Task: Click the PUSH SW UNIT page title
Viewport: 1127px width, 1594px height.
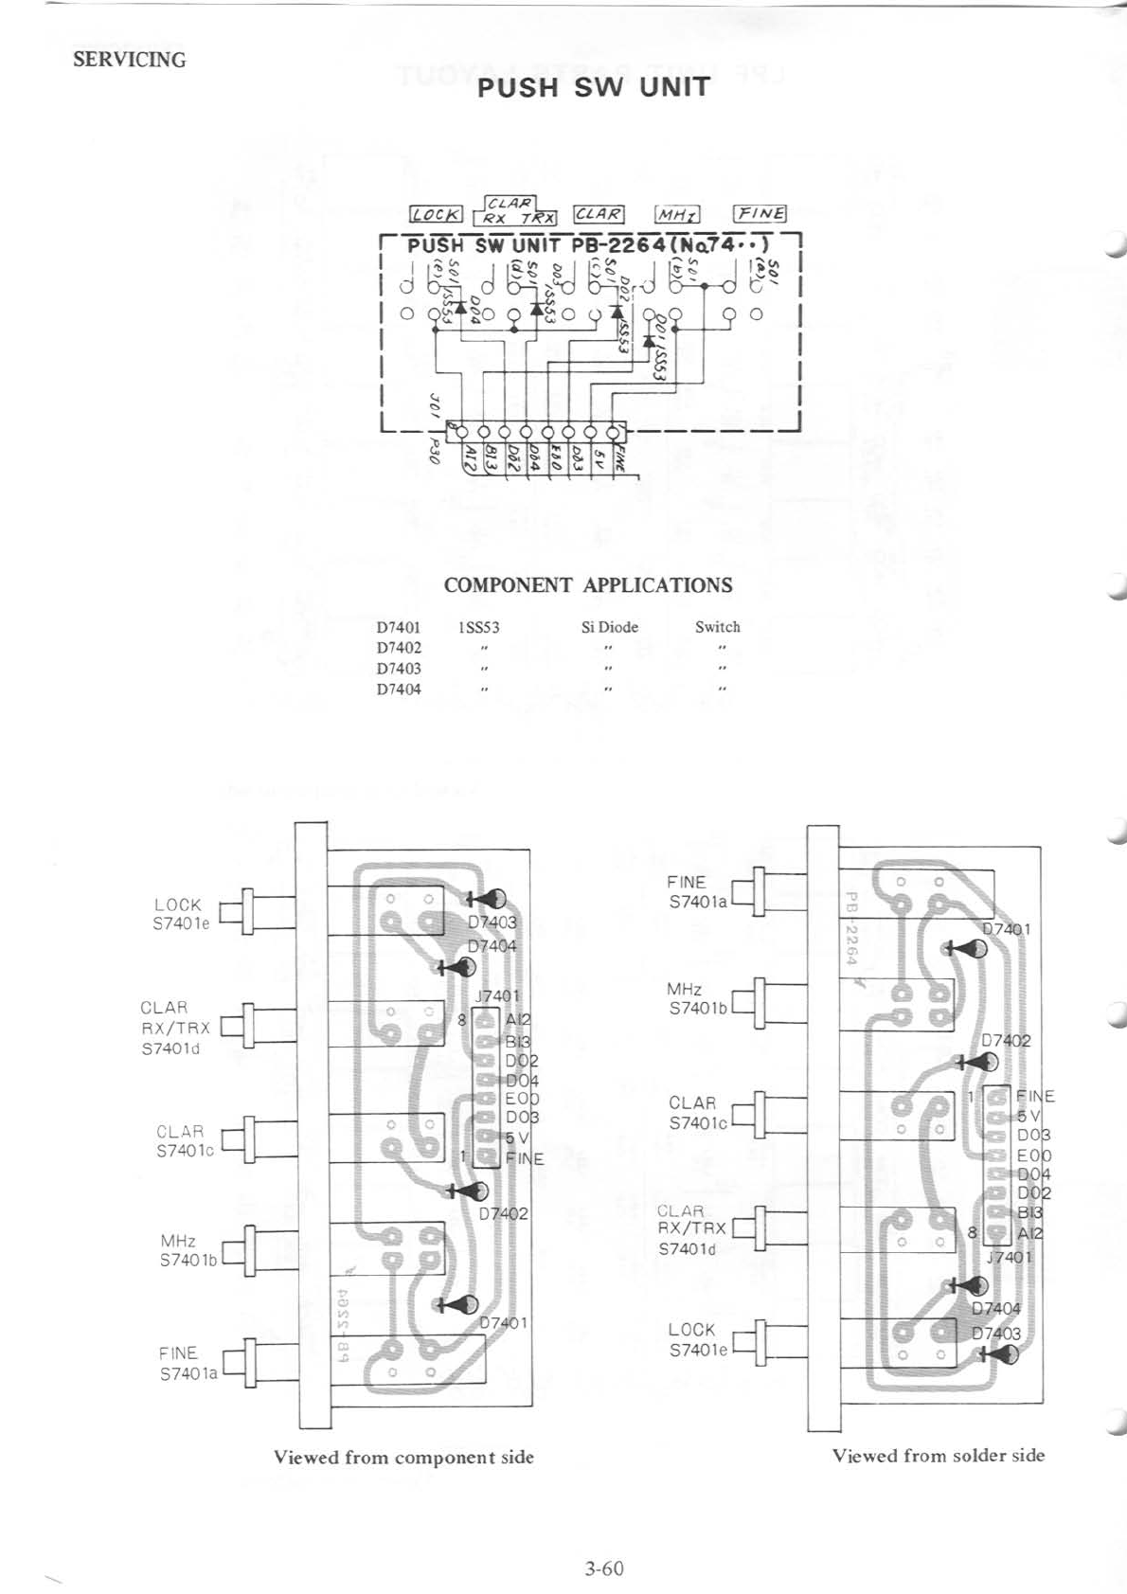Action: [x=593, y=88]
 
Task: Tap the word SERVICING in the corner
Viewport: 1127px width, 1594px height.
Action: [x=130, y=60]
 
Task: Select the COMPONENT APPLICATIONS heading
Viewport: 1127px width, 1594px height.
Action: [x=588, y=584]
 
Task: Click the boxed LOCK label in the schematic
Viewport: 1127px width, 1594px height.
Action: [x=436, y=215]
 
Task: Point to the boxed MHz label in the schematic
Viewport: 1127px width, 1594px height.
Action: [x=678, y=215]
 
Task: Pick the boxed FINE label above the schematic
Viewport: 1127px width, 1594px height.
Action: [x=761, y=213]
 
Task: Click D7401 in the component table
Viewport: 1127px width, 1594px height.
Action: [x=399, y=627]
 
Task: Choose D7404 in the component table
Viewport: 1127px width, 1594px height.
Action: [x=399, y=690]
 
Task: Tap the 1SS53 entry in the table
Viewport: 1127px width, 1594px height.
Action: [x=478, y=627]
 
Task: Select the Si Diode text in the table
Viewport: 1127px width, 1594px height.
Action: [x=609, y=627]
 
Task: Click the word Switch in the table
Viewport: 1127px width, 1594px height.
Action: [x=717, y=627]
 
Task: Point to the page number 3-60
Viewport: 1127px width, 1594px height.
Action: [x=604, y=1568]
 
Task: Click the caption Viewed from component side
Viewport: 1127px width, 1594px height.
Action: [x=403, y=1457]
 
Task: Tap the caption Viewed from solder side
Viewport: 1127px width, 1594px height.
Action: [x=939, y=1455]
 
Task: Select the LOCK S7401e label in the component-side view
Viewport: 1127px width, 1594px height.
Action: [x=179, y=914]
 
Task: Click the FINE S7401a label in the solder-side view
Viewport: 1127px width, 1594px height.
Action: [x=697, y=892]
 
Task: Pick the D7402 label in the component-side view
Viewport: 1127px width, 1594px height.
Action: [x=503, y=1213]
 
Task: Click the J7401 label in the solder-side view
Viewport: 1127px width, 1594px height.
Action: [x=1009, y=1258]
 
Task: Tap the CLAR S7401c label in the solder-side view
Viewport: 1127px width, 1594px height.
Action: [x=696, y=1113]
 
